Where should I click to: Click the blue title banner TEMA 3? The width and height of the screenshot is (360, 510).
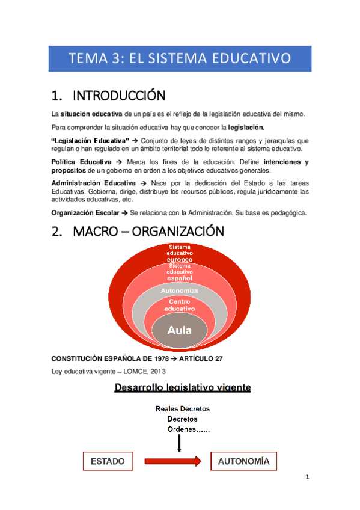180,58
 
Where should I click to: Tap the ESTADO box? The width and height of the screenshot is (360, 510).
108,462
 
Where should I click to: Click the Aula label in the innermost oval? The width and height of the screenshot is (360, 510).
180,330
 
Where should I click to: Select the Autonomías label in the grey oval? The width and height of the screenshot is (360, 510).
180,291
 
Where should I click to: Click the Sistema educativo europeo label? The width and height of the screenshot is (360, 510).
180,254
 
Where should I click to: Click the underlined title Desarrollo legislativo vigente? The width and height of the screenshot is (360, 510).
183,389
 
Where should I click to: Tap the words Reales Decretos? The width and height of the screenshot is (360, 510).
183,409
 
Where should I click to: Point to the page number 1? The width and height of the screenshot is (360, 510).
307,478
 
